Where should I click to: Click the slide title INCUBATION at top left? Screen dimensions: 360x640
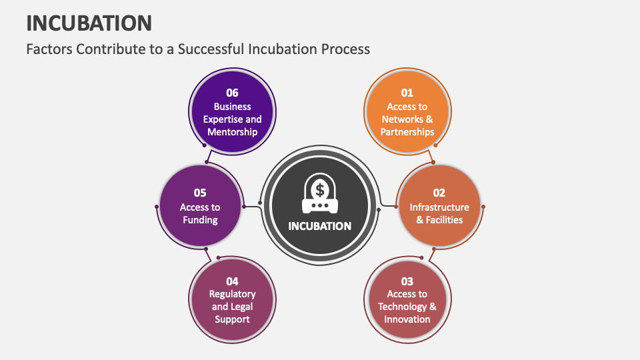coord(89,23)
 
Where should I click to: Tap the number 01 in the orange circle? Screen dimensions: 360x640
coord(407,93)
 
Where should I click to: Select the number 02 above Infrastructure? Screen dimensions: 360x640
coord(439,193)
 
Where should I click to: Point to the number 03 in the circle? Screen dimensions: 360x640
coord(407,281)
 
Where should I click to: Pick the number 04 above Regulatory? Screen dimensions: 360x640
coord(232,281)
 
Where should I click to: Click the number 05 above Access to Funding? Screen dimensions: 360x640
coord(200,193)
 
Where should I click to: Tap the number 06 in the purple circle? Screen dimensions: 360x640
coord(232,93)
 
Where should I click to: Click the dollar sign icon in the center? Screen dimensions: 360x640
coord(320,191)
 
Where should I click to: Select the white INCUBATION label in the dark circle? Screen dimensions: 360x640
coord(319,226)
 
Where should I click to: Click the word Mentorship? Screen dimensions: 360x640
coord(232,132)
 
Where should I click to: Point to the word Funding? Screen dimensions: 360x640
coord(200,220)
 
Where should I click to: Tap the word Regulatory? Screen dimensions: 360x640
coord(232,294)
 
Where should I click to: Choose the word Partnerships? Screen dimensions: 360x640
coord(407,132)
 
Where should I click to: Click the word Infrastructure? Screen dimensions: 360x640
coord(439,207)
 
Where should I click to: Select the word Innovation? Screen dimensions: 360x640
coord(407,319)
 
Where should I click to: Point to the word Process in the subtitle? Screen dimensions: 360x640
coord(346,49)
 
